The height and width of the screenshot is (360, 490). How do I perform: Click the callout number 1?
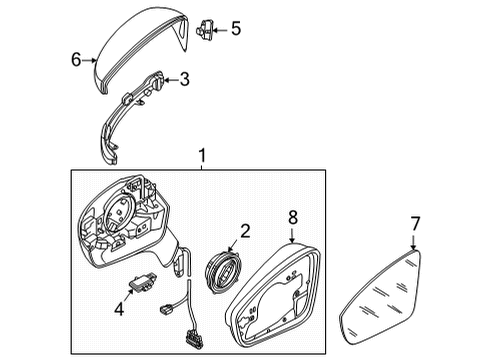(202, 156)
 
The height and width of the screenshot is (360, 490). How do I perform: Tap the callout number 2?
(245, 231)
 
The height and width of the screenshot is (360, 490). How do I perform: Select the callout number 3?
(184, 79)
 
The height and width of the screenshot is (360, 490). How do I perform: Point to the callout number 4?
(119, 309)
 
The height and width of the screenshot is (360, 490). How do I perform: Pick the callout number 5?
(236, 28)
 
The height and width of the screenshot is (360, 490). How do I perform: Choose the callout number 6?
(76, 60)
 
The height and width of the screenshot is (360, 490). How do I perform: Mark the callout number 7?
(415, 224)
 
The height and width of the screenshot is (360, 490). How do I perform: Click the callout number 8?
(293, 218)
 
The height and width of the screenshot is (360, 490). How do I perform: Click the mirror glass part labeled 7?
(380, 297)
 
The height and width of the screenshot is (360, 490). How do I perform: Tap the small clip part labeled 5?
(204, 30)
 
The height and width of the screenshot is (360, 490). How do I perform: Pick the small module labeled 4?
(141, 283)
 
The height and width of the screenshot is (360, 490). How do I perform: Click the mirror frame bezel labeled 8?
(273, 294)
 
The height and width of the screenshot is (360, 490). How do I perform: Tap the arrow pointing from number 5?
(220, 30)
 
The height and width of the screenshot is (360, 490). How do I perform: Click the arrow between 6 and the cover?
(89, 60)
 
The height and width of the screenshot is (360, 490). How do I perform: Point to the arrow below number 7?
(413, 242)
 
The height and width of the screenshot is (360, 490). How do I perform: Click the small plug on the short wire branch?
(166, 309)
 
